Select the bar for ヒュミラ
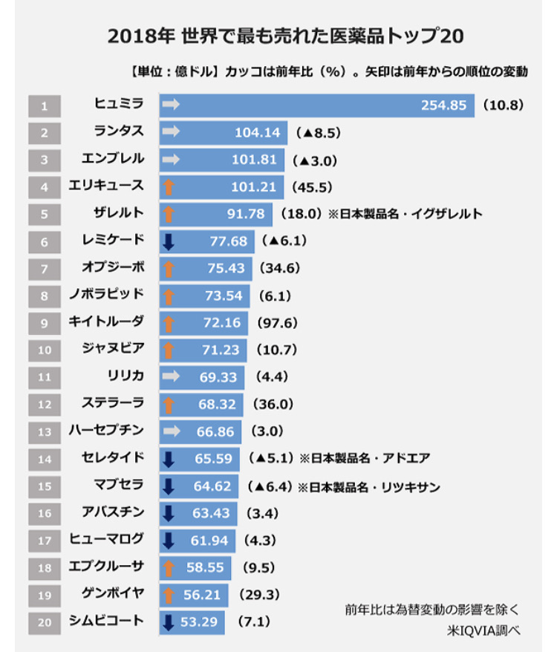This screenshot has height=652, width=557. [x=316, y=105]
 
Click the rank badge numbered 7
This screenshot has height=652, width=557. [x=45, y=268]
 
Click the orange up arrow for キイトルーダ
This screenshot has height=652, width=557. [x=169, y=323]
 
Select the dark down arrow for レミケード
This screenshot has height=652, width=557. [x=169, y=241]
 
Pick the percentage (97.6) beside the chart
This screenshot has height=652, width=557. [x=277, y=323]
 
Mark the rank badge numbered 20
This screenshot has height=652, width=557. [x=45, y=622]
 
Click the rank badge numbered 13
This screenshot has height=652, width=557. [x=45, y=431]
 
